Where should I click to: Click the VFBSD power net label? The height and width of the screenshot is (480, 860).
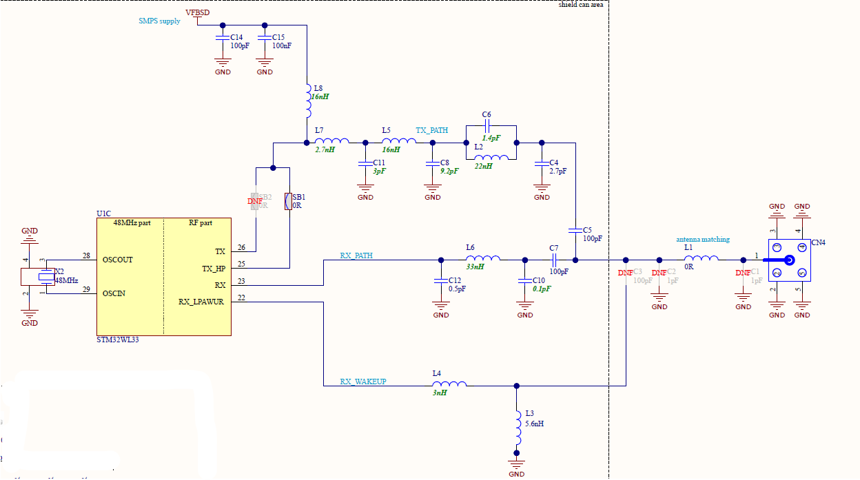click(198, 12)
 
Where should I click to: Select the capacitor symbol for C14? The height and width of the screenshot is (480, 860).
click(222, 36)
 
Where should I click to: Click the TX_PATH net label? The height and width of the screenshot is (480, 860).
click(432, 130)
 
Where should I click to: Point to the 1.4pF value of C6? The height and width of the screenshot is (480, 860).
click(491, 138)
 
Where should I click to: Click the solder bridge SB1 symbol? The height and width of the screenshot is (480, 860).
click(289, 201)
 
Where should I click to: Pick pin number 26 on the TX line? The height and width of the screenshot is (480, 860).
click(241, 247)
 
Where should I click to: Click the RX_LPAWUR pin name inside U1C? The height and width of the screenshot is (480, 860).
click(202, 302)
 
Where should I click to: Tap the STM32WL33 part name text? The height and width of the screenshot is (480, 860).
click(118, 340)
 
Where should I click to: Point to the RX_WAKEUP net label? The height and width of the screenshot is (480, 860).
click(363, 381)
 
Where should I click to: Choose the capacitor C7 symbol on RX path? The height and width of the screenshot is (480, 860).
click(553, 260)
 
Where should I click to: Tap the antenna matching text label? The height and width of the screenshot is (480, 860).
click(702, 240)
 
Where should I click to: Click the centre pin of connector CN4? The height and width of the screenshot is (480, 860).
click(788, 260)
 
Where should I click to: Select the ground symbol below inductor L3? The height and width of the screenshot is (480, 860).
click(515, 463)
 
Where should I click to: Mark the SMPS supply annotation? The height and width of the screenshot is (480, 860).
click(159, 21)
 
